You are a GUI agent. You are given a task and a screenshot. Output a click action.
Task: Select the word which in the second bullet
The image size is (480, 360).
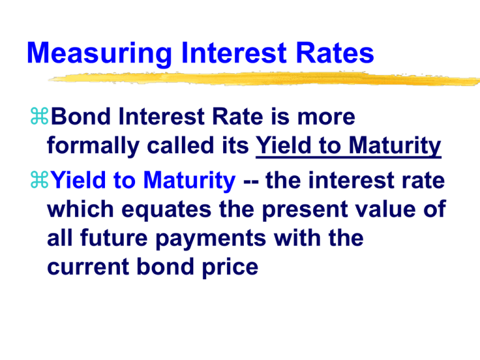click(x=76, y=211)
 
